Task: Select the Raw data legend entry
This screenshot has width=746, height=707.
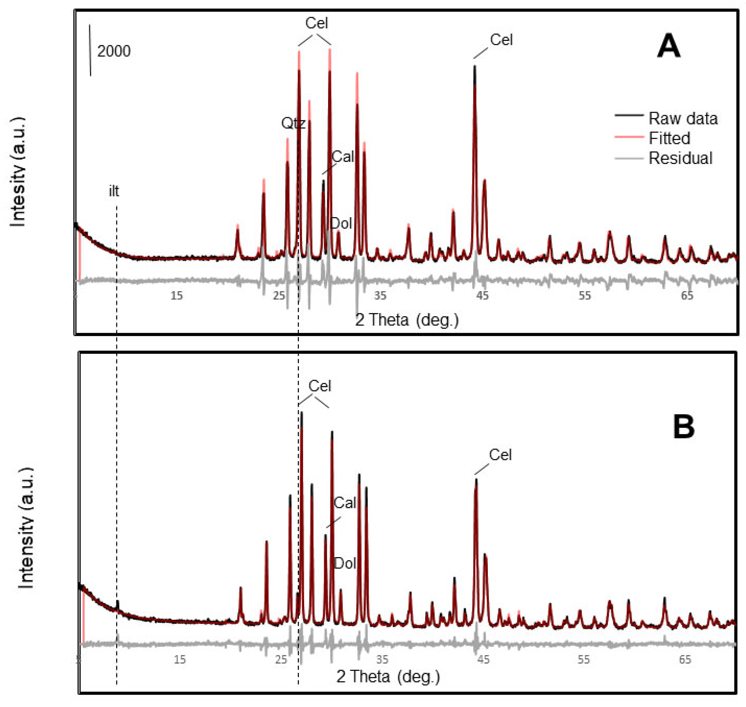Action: [683, 119]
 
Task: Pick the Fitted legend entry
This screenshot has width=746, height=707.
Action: [669, 138]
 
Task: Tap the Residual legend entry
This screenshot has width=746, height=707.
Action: [680, 158]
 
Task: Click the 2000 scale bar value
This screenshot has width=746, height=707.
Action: [114, 51]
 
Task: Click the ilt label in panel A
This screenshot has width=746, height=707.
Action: [114, 191]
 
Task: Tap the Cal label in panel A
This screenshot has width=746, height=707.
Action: [343, 157]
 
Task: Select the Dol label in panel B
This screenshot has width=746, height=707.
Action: [345, 564]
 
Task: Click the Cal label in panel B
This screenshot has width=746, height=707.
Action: [345, 503]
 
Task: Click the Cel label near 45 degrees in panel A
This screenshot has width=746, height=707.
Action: [501, 40]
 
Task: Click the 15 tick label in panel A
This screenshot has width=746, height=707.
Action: [176, 296]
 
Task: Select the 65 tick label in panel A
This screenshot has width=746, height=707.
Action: [687, 296]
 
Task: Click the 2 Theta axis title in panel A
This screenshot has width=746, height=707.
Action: [407, 320]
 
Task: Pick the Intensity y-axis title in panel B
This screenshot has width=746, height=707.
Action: [26, 528]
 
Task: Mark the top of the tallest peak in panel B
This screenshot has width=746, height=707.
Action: [302, 412]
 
